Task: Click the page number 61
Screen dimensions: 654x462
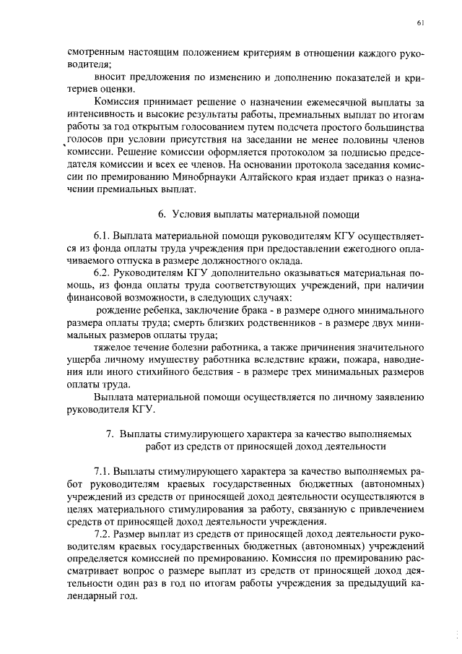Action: pyautogui.click(x=420, y=23)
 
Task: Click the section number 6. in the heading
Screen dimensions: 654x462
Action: pyautogui.click(x=162, y=214)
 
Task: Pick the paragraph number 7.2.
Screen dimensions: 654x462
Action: pyautogui.click(x=103, y=534)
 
